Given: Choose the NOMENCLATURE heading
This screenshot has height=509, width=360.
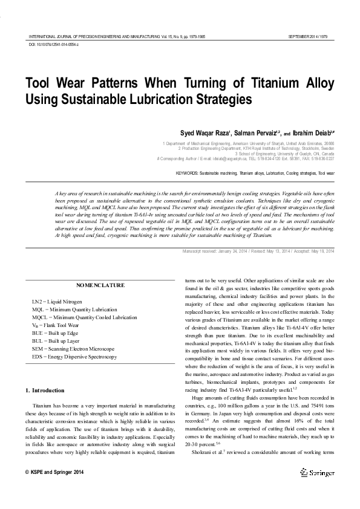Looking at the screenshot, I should point(101,285).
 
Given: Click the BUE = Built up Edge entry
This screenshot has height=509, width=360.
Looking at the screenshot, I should point(56,333).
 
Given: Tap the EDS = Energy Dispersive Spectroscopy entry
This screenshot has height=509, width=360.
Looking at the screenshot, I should point(74,357).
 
